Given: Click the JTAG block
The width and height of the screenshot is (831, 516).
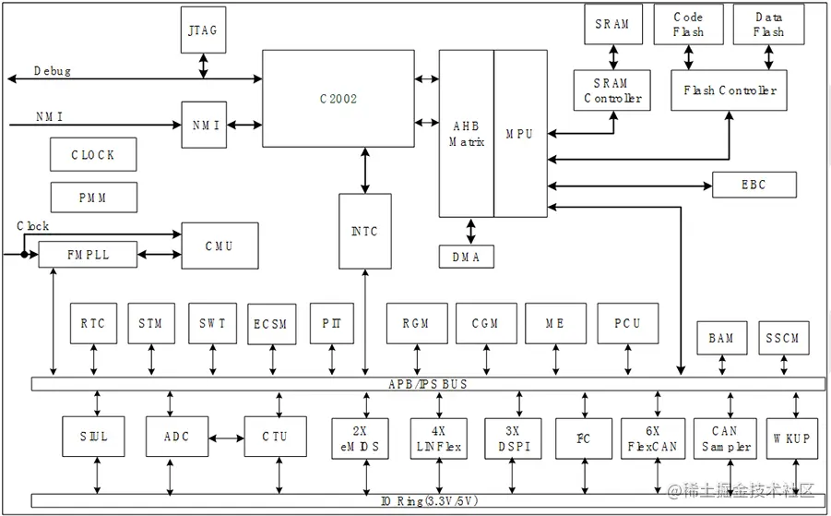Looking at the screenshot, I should [202, 30].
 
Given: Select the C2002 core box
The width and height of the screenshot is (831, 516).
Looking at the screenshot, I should [338, 99].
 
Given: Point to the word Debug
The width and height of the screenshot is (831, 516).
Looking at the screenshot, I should [52, 71].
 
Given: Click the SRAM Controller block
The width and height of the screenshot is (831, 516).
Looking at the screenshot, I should [611, 90].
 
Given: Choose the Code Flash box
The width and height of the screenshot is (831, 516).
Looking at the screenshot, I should [688, 25].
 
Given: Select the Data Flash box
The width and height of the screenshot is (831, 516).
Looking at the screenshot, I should [768, 25].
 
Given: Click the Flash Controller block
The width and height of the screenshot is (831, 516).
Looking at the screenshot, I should [730, 90].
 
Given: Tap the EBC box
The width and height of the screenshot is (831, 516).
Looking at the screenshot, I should [754, 185].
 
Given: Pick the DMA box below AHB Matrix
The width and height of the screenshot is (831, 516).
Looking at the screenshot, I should [466, 257].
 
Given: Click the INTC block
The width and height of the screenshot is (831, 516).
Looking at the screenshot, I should [364, 231].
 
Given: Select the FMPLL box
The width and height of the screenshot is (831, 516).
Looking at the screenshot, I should [88, 254].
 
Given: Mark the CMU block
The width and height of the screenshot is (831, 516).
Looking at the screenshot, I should [220, 246].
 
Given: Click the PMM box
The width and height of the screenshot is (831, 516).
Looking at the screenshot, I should [93, 198].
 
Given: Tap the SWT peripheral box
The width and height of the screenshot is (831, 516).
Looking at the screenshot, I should [212, 324].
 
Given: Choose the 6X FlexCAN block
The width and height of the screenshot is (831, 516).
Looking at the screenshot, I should [653, 438].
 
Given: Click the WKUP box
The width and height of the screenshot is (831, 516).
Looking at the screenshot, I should [791, 438].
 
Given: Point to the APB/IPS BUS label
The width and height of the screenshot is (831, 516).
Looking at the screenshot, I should [427, 383].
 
